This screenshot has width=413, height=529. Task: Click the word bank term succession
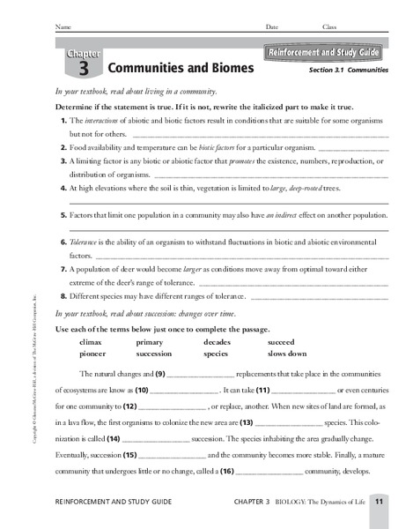pyautogui.click(x=154, y=352)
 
